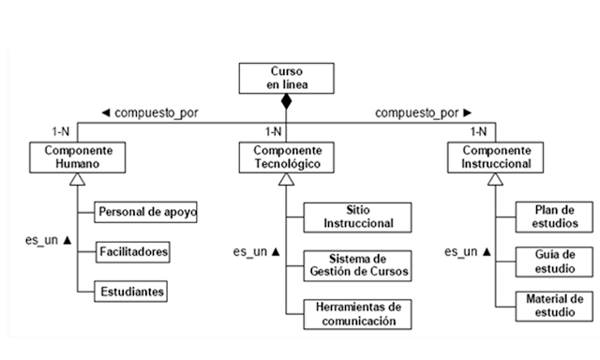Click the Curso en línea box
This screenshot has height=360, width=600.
click(x=286, y=78)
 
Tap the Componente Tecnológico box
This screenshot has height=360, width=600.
click(x=287, y=157)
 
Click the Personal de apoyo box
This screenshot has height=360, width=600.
click(x=147, y=211)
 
